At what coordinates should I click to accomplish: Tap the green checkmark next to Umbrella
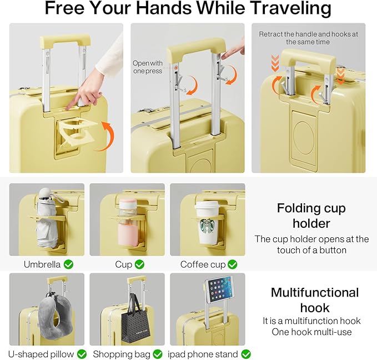tap(68, 264)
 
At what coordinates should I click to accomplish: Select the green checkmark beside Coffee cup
tap(232, 264)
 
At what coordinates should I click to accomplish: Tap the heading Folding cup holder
tap(311, 216)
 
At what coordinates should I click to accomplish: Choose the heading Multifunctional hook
tap(314, 300)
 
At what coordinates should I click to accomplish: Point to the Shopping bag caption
tap(120, 354)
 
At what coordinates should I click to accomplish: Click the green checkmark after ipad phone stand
tap(245, 354)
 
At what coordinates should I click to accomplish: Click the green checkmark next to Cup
tap(139, 264)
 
